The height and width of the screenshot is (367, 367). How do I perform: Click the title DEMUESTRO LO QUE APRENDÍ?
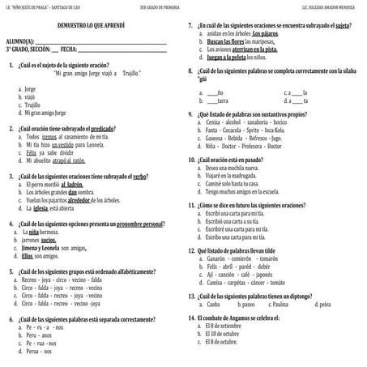92,28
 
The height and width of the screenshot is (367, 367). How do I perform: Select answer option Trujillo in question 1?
32,105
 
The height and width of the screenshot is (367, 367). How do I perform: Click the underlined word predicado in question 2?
113,129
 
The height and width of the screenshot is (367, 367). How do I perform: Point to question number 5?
9,271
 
